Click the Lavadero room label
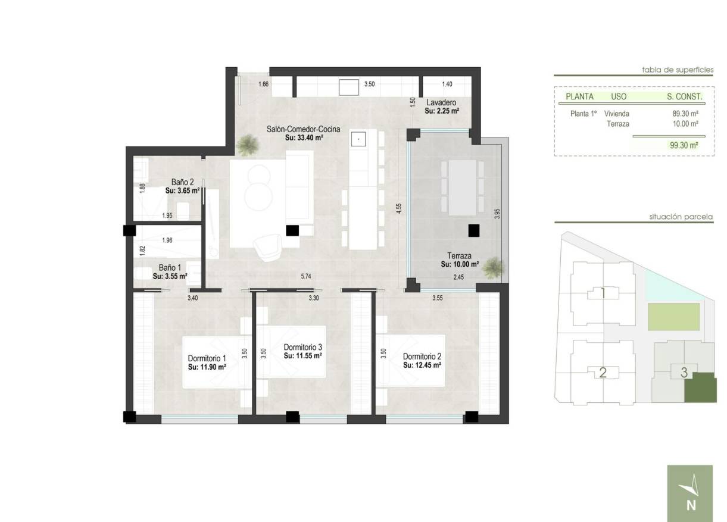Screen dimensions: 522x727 tap(441, 102)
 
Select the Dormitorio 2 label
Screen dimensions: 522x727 tap(422, 357)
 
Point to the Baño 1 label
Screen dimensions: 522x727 tap(170, 268)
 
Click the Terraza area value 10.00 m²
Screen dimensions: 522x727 tap(460, 264)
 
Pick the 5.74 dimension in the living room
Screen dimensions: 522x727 tap(306, 276)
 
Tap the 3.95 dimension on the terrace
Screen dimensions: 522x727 tap(498, 214)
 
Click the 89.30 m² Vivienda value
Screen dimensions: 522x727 tap(685, 114)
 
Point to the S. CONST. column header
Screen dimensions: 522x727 tap(685, 96)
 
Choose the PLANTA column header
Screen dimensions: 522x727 tap(579, 96)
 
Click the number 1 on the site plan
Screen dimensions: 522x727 tap(603, 293)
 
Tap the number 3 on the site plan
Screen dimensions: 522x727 tap(684, 373)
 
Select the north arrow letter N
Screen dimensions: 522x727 tap(691, 506)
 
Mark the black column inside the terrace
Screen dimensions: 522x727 tap(474, 230)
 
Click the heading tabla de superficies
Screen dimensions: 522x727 tap(677, 70)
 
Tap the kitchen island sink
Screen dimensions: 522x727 tap(358, 139)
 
